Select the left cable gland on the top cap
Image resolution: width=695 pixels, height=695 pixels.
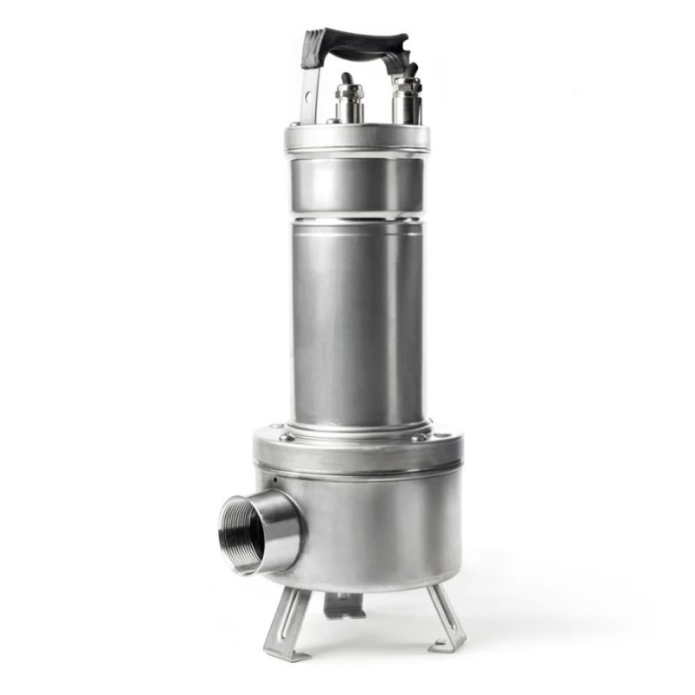point(349,103)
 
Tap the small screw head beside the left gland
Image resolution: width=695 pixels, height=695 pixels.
point(332,121)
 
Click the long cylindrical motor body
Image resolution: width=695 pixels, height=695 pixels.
point(357,321)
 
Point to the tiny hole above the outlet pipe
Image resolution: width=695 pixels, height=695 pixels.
point(275,480)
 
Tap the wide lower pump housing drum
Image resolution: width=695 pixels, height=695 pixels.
point(374,530)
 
